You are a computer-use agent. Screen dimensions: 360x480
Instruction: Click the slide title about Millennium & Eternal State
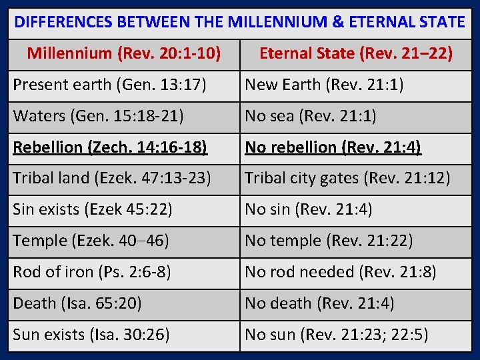pos(239,22)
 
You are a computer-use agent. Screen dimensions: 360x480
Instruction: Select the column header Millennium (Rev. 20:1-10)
pos(124,53)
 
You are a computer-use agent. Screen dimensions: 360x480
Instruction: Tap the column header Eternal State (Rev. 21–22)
pos(355,53)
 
